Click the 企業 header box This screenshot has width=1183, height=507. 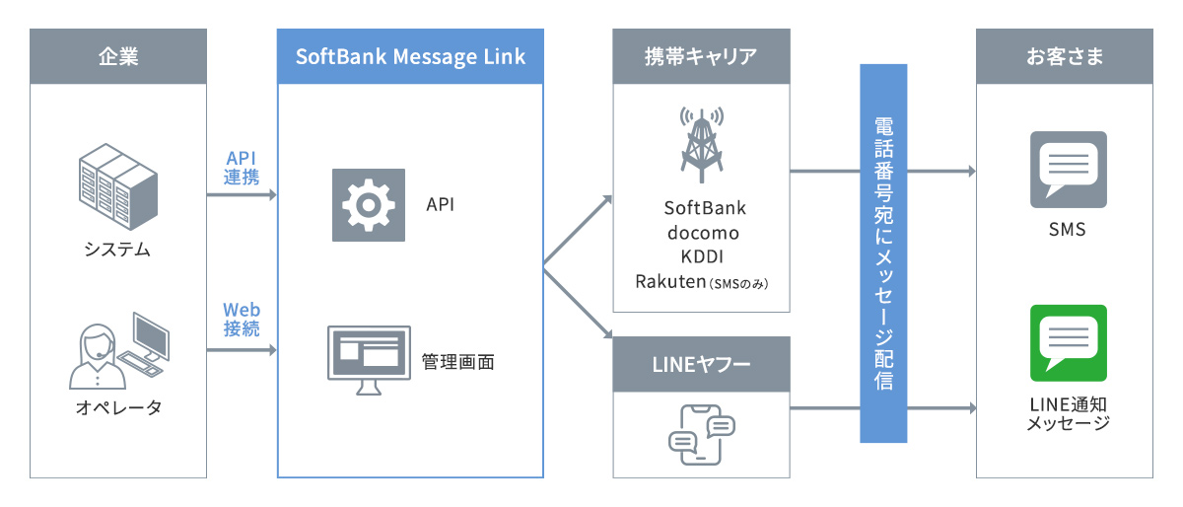click(x=118, y=56)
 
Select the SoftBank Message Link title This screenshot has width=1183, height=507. click(x=410, y=56)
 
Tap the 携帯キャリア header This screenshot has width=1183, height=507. click(x=701, y=56)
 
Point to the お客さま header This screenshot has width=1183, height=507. click(x=1064, y=56)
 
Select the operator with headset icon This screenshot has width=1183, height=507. click(x=117, y=350)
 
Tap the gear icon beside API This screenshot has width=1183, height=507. click(x=368, y=205)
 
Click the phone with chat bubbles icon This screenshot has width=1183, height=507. click(x=701, y=434)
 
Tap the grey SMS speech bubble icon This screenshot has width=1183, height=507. click(x=1068, y=170)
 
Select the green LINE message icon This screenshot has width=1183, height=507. click(x=1068, y=343)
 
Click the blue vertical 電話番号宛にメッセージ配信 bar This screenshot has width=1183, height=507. click(x=883, y=253)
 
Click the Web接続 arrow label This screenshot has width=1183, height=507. click(x=242, y=320)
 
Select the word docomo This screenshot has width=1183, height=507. click(x=703, y=233)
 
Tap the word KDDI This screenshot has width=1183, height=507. click(x=703, y=256)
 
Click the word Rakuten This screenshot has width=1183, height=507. click(x=670, y=281)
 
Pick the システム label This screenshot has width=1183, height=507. click(x=117, y=250)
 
